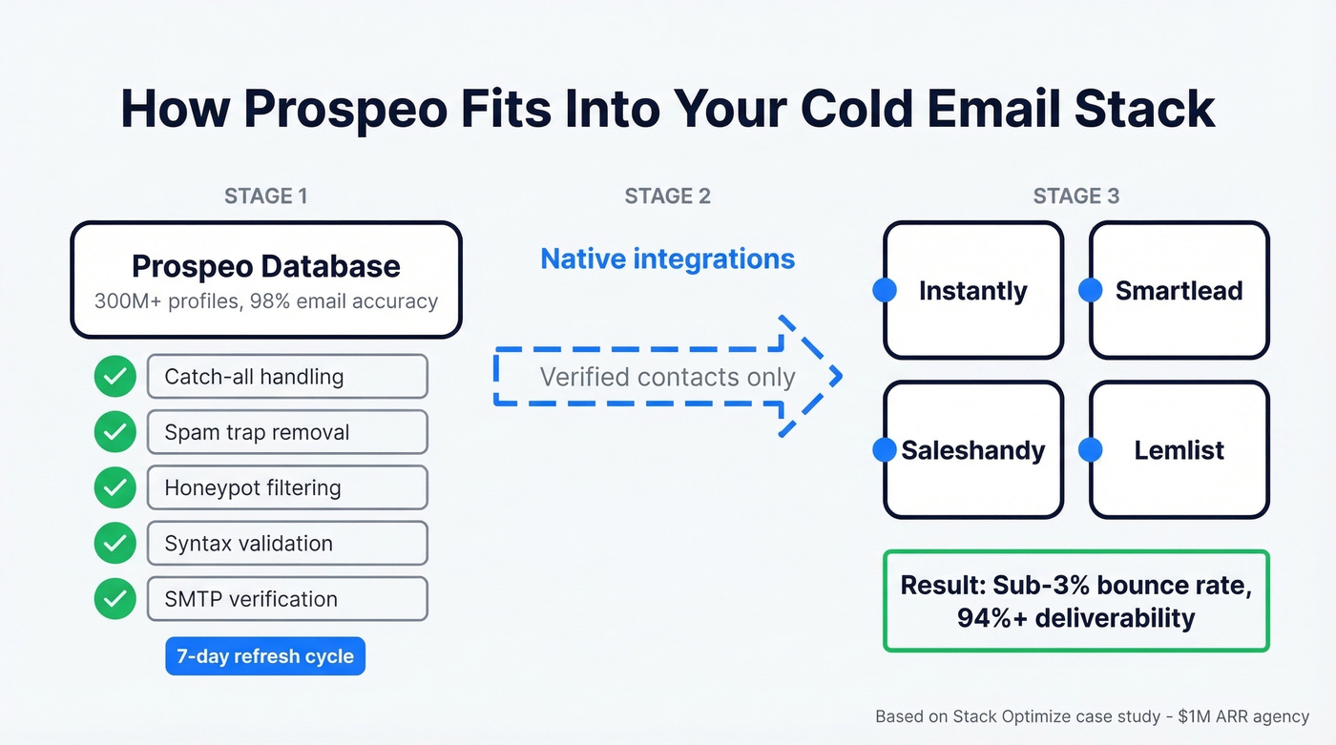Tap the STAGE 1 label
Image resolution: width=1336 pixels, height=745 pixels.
265,197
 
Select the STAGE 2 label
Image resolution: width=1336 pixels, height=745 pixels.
667,197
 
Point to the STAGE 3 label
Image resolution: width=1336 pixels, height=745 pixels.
1075,197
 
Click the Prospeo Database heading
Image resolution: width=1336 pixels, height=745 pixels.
265,265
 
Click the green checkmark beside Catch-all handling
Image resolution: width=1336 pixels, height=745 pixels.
115,377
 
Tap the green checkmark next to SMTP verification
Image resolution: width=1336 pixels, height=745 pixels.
115,599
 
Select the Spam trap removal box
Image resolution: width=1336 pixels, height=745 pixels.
287,432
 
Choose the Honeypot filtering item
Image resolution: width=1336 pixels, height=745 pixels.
287,487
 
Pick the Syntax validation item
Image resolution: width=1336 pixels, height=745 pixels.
287,544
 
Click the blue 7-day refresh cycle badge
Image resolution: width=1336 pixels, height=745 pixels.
265,656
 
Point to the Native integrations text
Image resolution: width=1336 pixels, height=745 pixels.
667,259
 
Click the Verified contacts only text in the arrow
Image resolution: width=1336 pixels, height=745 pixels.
667,377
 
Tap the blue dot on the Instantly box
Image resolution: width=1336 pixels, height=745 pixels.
885,291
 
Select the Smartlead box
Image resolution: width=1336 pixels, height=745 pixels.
1179,291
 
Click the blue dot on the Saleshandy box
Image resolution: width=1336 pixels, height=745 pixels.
885,450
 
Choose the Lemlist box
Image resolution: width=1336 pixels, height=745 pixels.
1179,450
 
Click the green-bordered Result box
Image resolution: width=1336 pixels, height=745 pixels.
1075,601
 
